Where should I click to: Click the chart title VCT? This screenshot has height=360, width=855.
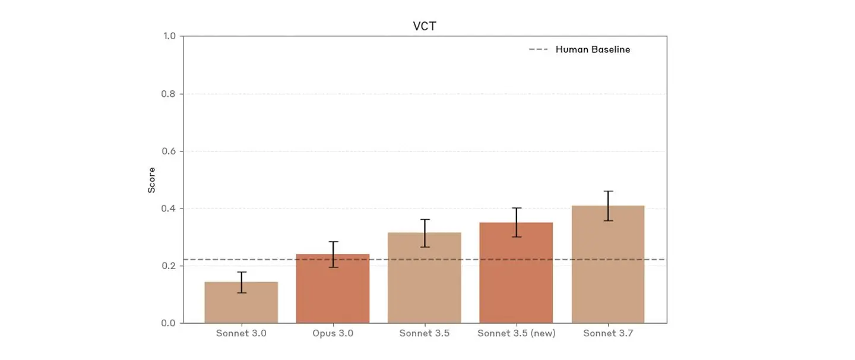(x=425, y=26)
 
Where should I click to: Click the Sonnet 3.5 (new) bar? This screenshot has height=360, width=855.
(x=516, y=273)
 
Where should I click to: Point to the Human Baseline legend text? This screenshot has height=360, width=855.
(x=593, y=50)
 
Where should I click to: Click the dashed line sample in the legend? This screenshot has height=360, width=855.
(x=538, y=50)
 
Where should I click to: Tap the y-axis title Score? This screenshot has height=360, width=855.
(x=152, y=180)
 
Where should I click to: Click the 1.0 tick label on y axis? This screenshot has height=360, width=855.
(x=169, y=36)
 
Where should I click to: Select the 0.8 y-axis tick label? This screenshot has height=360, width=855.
(x=169, y=94)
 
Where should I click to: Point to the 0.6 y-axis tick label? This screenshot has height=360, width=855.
(x=169, y=151)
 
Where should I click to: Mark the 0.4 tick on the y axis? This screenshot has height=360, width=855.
(x=169, y=209)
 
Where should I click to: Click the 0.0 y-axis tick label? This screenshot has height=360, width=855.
(x=169, y=323)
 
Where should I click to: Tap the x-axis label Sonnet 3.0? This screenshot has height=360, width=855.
(x=241, y=334)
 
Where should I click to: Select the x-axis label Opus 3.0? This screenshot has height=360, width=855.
(x=332, y=334)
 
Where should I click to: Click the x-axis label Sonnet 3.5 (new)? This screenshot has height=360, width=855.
(x=516, y=334)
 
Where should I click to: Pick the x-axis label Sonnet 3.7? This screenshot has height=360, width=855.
(x=608, y=334)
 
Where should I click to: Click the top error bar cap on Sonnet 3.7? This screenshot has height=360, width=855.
(x=608, y=191)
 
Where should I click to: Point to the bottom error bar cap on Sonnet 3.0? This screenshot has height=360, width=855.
(x=241, y=292)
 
